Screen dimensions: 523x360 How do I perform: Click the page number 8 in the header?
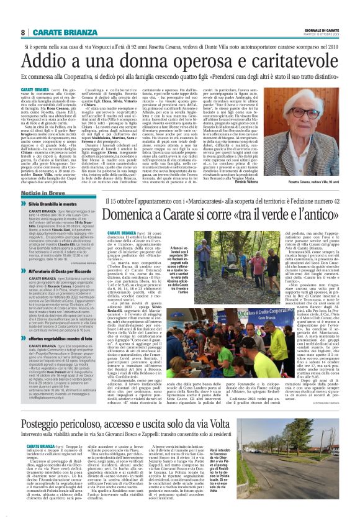coord(23,32)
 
